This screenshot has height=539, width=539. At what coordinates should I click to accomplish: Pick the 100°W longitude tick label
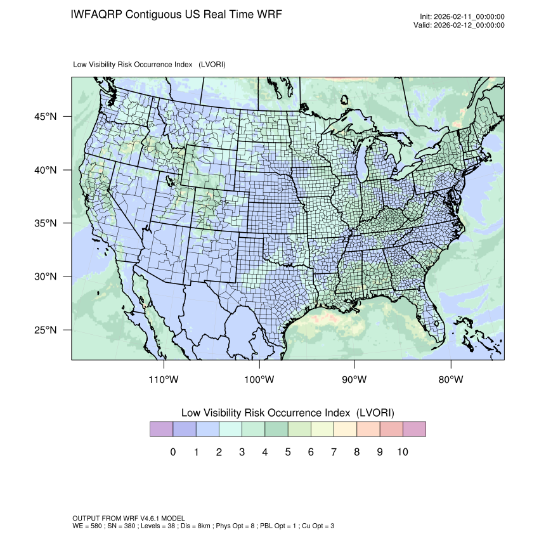click(x=259, y=380)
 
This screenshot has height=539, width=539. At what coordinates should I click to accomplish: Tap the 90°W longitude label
click(x=354, y=380)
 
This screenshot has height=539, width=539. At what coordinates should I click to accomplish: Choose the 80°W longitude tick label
click(x=451, y=380)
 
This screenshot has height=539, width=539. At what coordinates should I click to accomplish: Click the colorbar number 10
click(x=403, y=452)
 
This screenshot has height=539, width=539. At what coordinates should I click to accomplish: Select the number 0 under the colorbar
click(x=173, y=452)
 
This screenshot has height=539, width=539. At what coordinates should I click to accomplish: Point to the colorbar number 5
click(x=288, y=452)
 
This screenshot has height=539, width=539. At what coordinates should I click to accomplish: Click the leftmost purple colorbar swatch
click(x=161, y=429)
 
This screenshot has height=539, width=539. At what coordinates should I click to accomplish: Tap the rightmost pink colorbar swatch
click(x=414, y=429)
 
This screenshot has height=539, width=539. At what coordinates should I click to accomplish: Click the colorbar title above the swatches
click(x=288, y=413)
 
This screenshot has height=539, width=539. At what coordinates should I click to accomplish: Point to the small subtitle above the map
click(x=150, y=65)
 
